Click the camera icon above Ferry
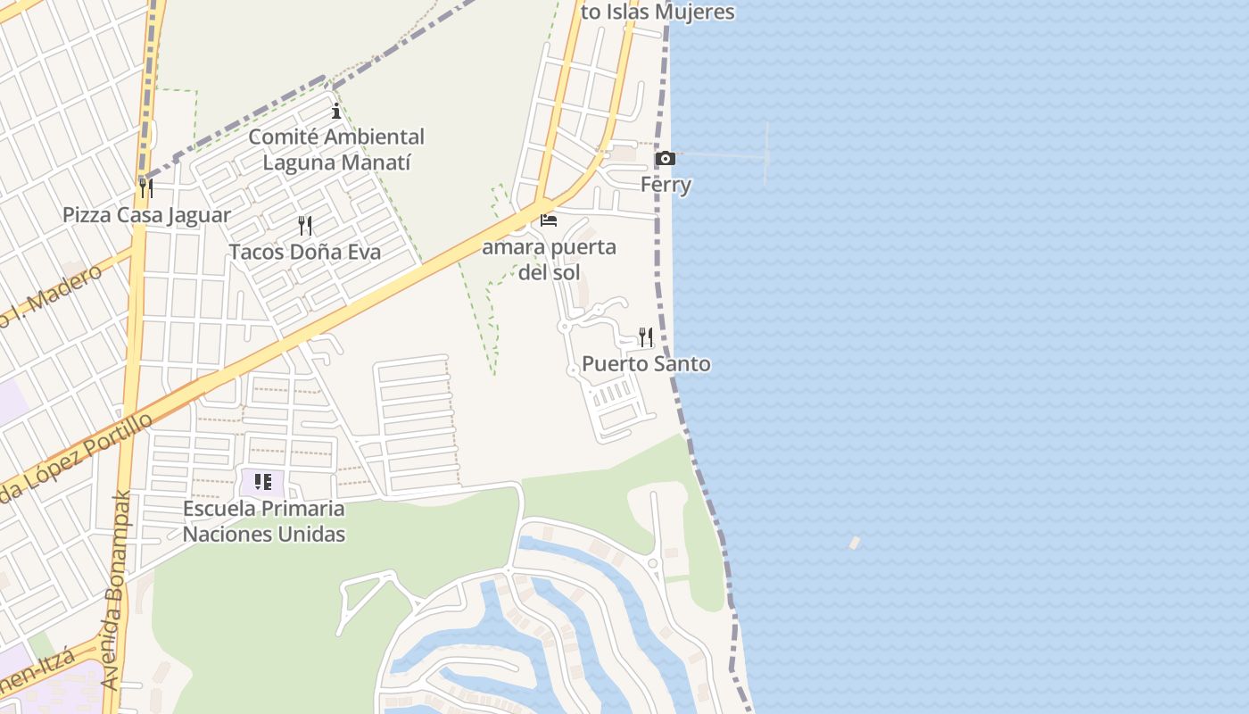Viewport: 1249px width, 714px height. coord(666,159)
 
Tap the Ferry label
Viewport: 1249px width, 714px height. coord(666,185)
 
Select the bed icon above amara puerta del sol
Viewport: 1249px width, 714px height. coord(549,220)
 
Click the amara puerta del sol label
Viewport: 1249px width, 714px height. coord(549,259)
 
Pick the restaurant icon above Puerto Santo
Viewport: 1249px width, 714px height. coord(646,337)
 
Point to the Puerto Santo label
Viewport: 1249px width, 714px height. coord(646,364)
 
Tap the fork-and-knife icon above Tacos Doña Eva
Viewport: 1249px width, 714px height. coord(305,225)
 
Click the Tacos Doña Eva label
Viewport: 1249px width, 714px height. coord(305,252)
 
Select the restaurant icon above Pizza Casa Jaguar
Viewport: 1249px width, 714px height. coord(146,188)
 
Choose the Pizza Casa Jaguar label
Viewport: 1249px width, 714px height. coord(146,215)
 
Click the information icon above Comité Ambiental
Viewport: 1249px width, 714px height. coord(336,111)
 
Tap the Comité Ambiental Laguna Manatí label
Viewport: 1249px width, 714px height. coord(336,150)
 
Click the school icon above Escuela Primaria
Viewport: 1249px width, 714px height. coord(263,483)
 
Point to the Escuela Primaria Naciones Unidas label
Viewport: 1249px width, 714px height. coord(264,521)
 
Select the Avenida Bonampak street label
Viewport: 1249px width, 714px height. coord(117,589)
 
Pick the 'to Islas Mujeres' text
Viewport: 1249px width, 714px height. coord(658,12)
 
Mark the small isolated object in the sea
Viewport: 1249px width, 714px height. coord(855,542)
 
